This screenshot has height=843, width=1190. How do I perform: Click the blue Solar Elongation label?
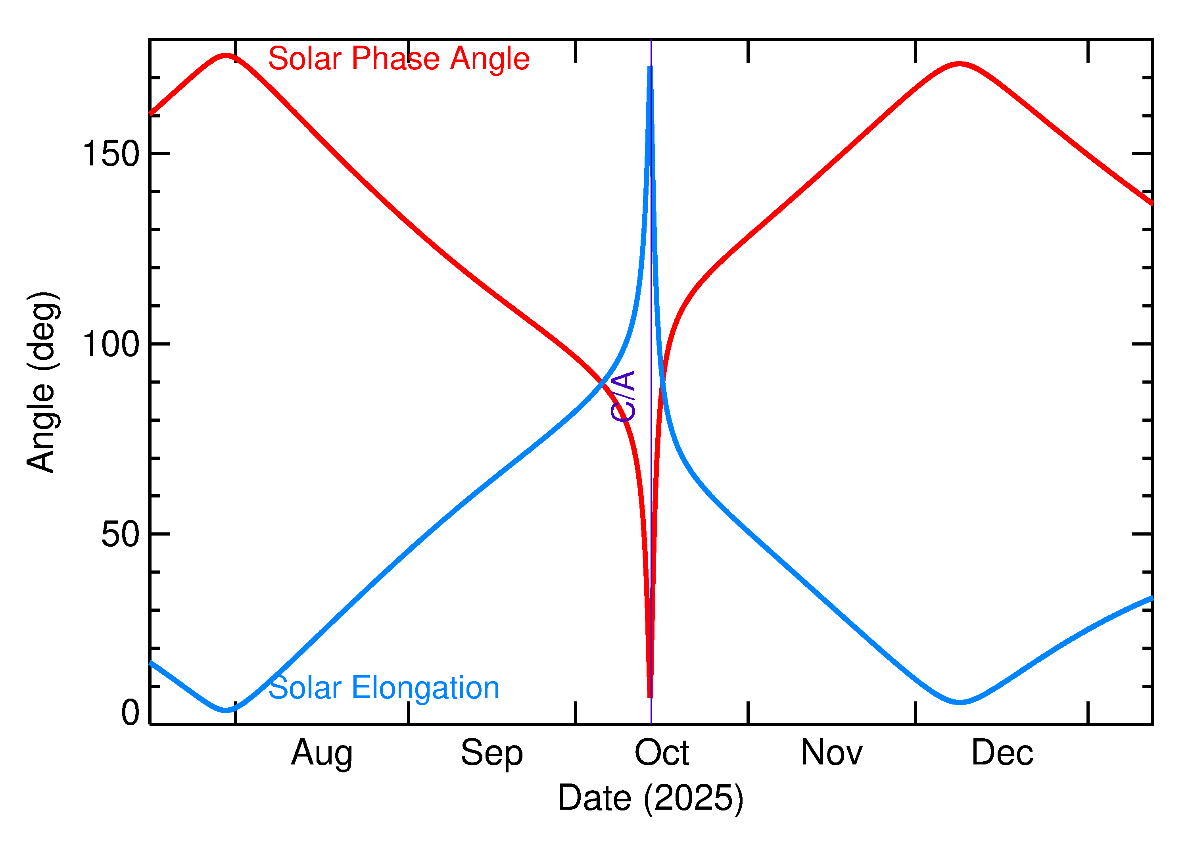tap(384, 688)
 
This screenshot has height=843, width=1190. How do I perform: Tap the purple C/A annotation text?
tap(623, 396)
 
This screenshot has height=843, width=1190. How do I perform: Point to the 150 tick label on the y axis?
tap(111, 154)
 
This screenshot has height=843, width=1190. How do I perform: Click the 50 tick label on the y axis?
tap(121, 534)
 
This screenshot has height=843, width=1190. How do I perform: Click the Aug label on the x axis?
tap(322, 753)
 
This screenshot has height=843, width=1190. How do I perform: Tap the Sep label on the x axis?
tap(491, 753)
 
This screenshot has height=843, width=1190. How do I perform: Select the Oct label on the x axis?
tap(662, 753)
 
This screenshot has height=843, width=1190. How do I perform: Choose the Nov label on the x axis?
tap(831, 753)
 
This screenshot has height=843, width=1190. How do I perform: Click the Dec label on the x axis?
tap(1002, 753)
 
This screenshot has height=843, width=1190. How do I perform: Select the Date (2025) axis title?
tap(650, 798)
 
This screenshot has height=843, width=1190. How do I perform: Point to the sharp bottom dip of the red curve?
tap(650, 695)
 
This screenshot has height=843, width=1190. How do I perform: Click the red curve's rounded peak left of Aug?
tap(225, 55)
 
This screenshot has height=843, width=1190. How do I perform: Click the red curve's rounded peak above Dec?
tap(960, 64)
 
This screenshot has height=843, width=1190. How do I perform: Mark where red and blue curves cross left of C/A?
tap(602, 382)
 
